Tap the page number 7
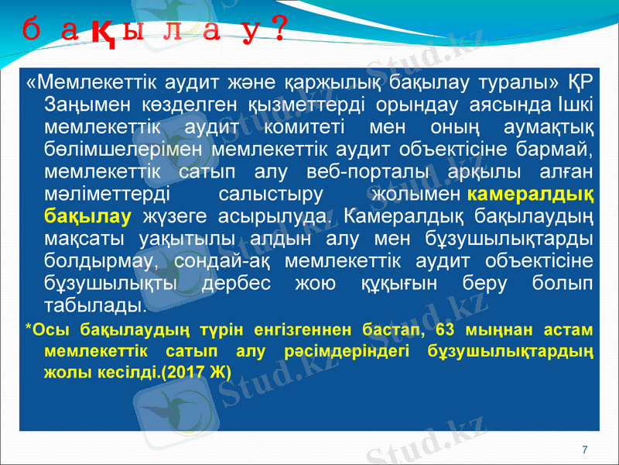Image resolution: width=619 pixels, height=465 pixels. click(584, 449)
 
